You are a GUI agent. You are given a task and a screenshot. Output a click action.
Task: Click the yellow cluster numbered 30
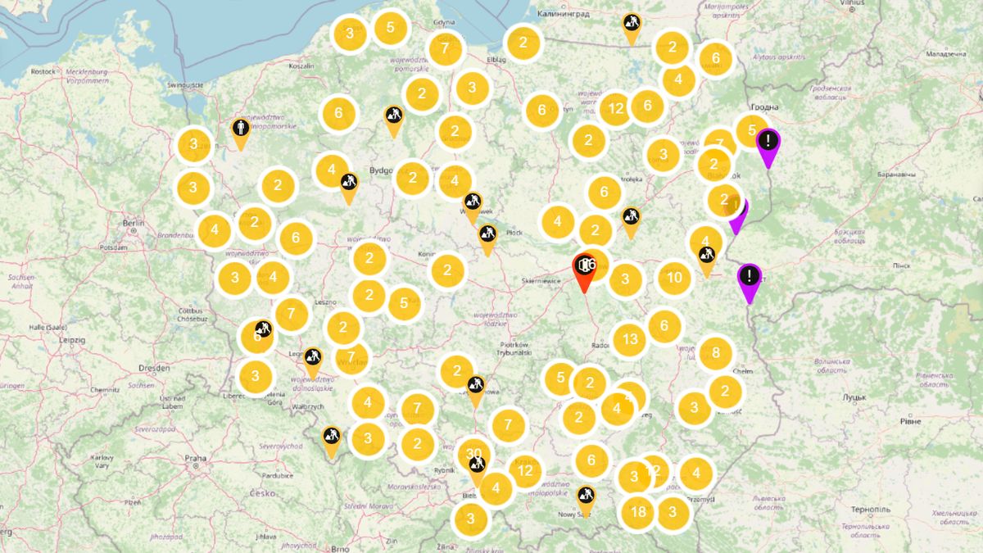473,454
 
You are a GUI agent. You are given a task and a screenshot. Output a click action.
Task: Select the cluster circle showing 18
638,513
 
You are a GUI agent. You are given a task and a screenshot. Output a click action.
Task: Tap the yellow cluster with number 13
629,339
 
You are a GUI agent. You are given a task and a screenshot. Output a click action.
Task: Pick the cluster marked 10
674,278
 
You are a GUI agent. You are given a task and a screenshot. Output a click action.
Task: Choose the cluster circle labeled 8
715,353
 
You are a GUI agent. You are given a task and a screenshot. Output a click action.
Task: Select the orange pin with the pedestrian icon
240,133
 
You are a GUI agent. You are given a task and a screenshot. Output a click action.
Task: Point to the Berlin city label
133,223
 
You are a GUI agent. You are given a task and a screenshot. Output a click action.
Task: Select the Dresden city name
155,369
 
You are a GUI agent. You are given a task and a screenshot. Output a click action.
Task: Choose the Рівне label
910,420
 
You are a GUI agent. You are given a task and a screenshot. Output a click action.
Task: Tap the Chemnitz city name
106,390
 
